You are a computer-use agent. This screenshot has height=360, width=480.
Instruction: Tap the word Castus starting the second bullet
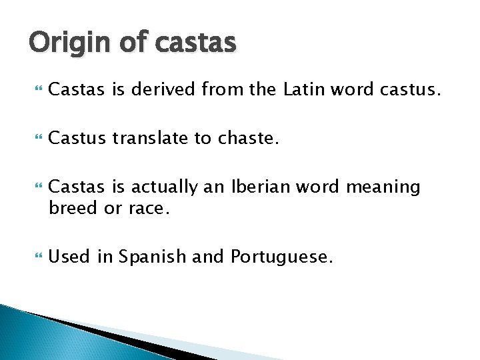point(77,139)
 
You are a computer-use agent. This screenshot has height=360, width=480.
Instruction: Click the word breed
point(73,209)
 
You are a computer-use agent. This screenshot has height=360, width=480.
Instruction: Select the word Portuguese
point(281,256)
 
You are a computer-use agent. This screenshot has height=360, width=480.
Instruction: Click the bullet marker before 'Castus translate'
point(37,139)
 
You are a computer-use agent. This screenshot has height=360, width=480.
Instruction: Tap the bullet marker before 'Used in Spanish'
point(37,257)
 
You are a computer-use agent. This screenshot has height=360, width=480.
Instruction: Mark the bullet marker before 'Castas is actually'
point(37,188)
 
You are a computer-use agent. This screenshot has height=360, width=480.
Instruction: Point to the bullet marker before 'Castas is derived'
point(37,89)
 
